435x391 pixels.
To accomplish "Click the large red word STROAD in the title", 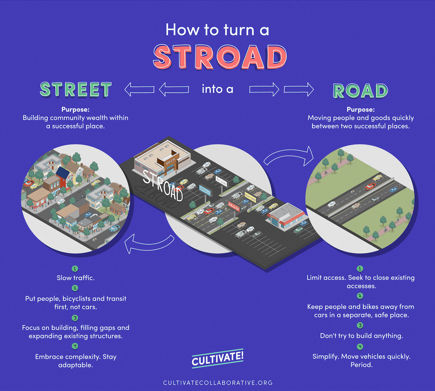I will point(220,57).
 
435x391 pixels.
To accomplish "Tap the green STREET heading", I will point(76,89).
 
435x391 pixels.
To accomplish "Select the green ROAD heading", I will point(361,91).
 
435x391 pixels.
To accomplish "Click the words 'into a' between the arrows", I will point(217,89).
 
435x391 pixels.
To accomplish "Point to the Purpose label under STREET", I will point(75,110).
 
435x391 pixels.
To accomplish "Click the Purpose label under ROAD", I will point(361,110).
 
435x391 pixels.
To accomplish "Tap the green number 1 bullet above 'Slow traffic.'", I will point(75,269).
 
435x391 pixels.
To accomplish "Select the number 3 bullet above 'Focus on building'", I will point(75,318).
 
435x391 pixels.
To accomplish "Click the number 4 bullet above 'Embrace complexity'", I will point(75,346).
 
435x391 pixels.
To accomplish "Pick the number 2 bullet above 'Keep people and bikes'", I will point(360,296).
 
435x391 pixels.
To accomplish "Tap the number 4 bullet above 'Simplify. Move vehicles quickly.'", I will point(360,346).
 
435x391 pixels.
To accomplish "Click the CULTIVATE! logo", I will point(217,358).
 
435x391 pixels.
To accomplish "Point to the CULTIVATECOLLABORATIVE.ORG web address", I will point(218,383).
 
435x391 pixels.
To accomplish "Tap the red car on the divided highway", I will point(370,187).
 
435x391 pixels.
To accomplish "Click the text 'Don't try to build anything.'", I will point(361,336).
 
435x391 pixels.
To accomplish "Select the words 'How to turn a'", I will point(217,30).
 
